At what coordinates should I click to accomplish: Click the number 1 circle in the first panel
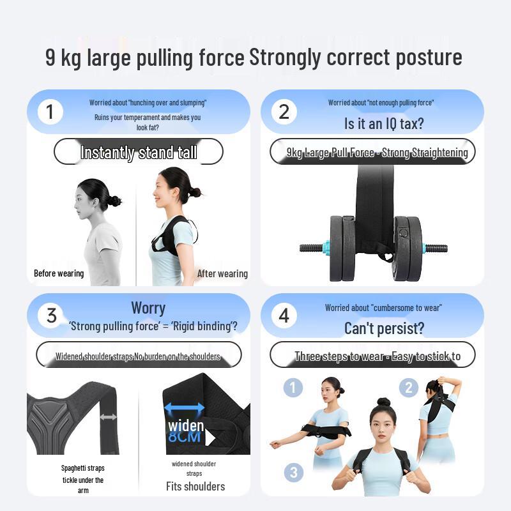[x=50, y=112]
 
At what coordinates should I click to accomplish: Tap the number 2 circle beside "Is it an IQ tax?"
[x=284, y=112]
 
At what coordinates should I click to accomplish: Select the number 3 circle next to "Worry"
[x=52, y=316]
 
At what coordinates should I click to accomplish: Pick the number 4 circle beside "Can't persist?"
[x=284, y=316]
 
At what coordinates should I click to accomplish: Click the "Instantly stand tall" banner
[x=139, y=152]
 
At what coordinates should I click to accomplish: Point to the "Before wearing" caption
[x=59, y=273]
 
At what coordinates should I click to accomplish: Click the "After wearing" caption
[x=222, y=273]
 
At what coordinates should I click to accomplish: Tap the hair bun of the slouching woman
[x=114, y=201]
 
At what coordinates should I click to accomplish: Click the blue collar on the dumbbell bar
[x=326, y=248]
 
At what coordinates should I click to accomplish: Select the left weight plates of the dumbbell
[x=342, y=248]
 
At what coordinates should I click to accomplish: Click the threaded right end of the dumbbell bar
[x=437, y=248]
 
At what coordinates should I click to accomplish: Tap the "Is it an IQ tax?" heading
[x=383, y=123]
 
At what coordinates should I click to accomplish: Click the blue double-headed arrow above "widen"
[x=185, y=408]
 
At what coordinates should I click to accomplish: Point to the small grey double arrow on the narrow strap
[x=109, y=417]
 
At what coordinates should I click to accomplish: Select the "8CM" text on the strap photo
[x=185, y=438]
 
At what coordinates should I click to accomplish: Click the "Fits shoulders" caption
[x=195, y=486]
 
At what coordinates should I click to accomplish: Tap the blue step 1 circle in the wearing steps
[x=293, y=388]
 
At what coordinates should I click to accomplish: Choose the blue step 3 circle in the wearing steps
[x=293, y=473]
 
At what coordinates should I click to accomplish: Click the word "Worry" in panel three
[x=148, y=308]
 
